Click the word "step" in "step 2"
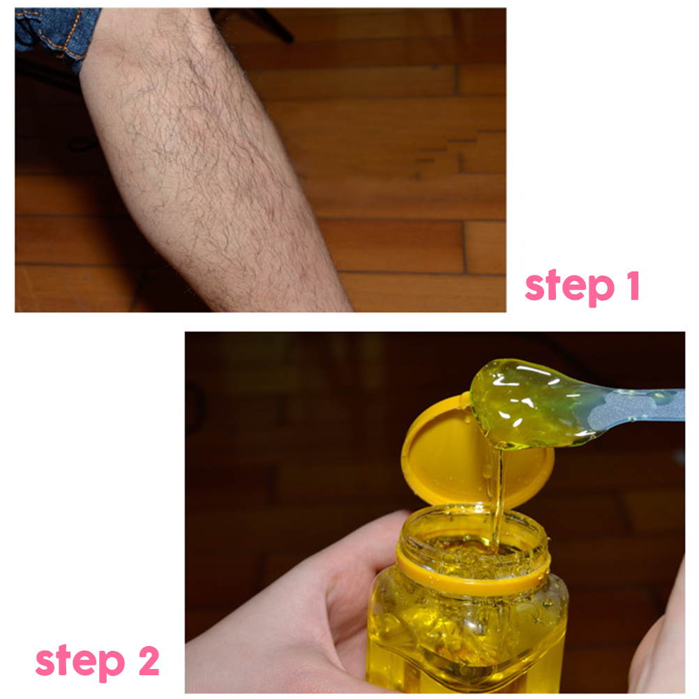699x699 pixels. [80, 662]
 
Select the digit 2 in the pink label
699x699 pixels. [149, 661]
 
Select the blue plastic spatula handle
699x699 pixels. [638, 405]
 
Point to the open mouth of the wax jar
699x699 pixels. [475, 535]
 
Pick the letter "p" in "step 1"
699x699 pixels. [603, 291]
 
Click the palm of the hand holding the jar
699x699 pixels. [285, 642]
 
